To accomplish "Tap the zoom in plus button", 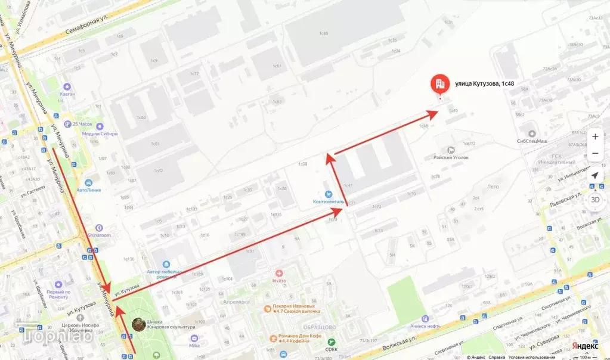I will click(594, 136).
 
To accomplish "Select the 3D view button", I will click(594, 200).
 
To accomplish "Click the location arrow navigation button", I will click(594, 176).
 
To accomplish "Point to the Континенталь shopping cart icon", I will click(327, 194).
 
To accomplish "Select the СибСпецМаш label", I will click(532, 141).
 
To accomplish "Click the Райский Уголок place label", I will click(451, 157).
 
